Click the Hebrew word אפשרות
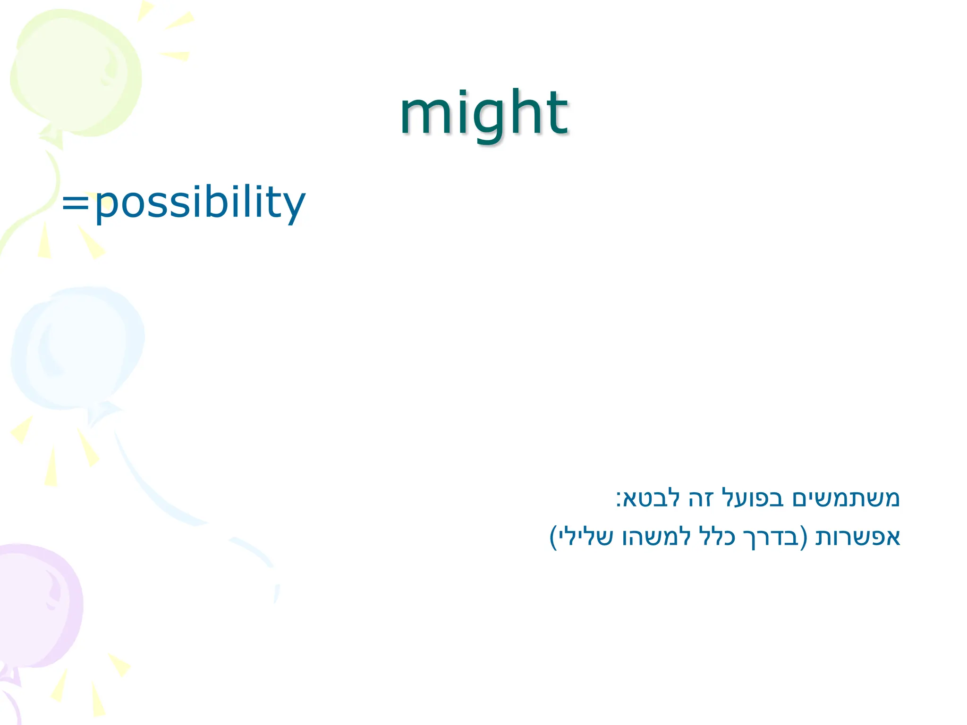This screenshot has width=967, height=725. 858,537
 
